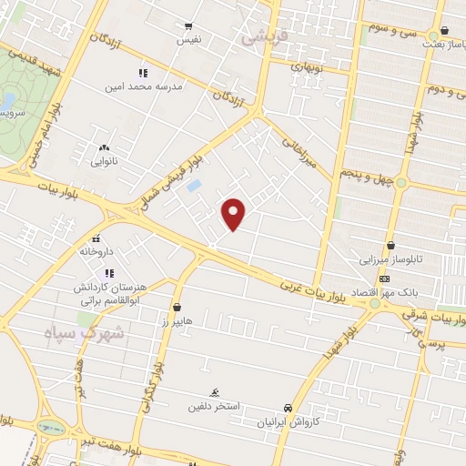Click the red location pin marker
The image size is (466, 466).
click(234, 214)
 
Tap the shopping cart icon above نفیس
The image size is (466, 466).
click(188, 26)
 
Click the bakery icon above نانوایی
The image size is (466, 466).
click(104, 147)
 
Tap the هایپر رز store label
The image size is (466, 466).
click(176, 323)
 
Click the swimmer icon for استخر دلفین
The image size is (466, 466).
click(216, 392)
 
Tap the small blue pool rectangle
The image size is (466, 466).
click(193, 187)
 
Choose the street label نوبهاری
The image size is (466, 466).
click(307, 67)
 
